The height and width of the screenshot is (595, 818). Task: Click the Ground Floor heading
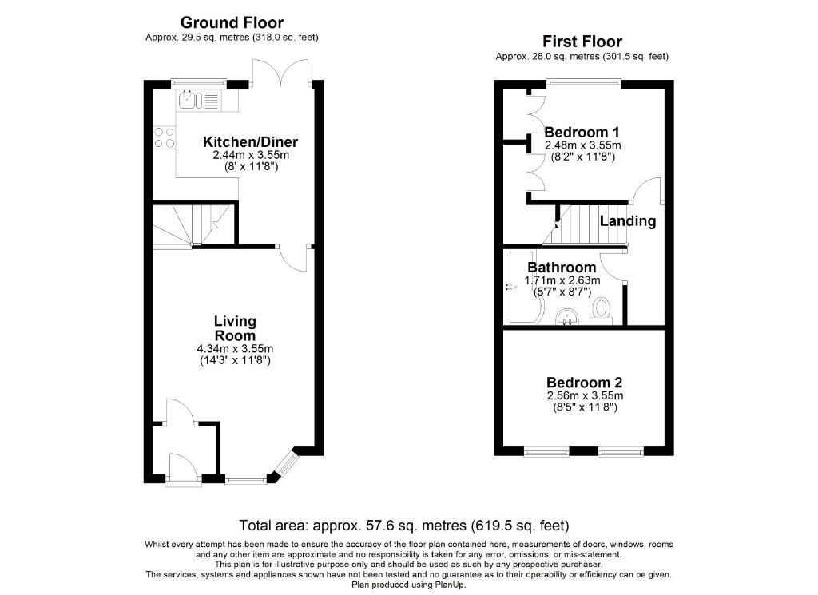(232, 22)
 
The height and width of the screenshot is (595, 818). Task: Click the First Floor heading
(582, 42)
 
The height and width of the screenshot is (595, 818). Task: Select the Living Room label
(235, 328)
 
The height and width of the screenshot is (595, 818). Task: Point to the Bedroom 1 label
(582, 132)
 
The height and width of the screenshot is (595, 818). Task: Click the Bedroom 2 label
(584, 383)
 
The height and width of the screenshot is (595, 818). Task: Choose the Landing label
(628, 221)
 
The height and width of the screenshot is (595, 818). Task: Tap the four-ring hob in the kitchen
(165, 137)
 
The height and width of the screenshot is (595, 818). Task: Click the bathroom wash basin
(569, 316)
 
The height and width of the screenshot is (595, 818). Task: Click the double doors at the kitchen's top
(281, 72)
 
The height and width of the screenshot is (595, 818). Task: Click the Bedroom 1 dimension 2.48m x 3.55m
(582, 145)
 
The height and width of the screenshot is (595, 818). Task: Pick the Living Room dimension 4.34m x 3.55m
(235, 349)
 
